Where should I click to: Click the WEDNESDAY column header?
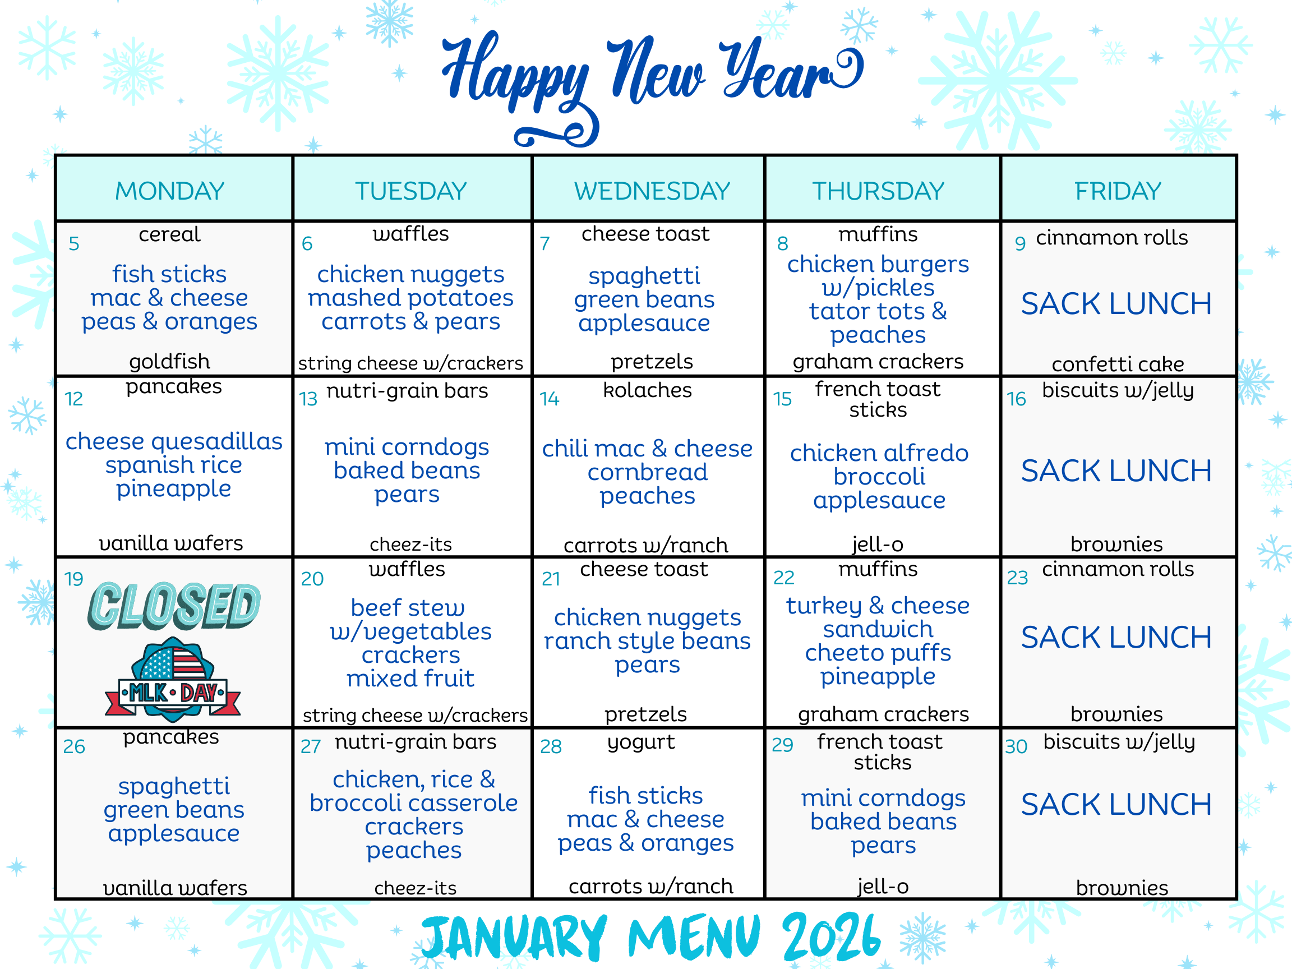point(652,191)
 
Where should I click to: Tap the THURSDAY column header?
point(878,191)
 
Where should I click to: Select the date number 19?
point(73,579)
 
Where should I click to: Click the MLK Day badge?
point(173,680)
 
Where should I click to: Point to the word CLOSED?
point(174,606)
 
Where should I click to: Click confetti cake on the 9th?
point(1118,364)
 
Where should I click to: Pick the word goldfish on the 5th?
point(169,362)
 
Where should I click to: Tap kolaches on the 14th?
point(647,390)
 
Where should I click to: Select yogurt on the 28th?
point(641,742)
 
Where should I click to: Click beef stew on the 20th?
point(408,607)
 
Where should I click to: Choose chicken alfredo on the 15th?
point(879,453)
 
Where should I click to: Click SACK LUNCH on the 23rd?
point(1116,636)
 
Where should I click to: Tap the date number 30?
point(1016,746)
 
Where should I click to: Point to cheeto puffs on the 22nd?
point(878,652)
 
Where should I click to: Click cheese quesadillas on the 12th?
point(174,441)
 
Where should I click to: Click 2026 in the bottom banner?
point(831,937)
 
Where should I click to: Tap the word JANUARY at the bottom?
point(515,937)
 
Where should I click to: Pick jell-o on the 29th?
point(883,887)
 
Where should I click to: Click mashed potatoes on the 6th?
point(410,298)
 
